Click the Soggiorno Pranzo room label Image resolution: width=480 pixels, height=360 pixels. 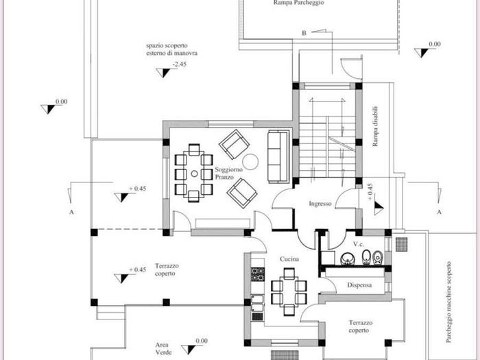pyautogui.click(x=228, y=173)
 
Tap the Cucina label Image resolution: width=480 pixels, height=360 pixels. pyautogui.click(x=289, y=259)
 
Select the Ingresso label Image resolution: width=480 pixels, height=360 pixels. pyautogui.click(x=320, y=204)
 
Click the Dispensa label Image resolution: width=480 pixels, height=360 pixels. pyautogui.click(x=359, y=285)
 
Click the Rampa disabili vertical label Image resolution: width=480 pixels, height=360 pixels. pyautogui.click(x=375, y=126)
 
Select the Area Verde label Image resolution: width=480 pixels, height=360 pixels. pyautogui.click(x=163, y=348)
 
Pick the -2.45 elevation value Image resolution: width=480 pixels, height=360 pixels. pyautogui.click(x=180, y=64)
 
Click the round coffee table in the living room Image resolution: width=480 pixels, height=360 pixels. pyautogui.click(x=250, y=162)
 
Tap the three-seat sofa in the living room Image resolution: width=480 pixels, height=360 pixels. pyautogui.click(x=278, y=156)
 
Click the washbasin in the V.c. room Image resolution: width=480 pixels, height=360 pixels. pyautogui.click(x=348, y=258)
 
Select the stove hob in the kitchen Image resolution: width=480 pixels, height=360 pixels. pyautogui.click(x=257, y=274)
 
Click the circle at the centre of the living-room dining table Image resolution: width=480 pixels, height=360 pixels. pyautogui.click(x=194, y=173)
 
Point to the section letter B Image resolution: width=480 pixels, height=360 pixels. pyautogui.click(x=304, y=33)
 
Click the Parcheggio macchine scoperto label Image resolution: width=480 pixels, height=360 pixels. pyautogui.click(x=448, y=302)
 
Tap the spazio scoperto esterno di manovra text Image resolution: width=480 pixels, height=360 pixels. pyautogui.click(x=171, y=49)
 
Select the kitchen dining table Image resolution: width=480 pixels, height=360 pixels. pyautogui.click(x=289, y=291)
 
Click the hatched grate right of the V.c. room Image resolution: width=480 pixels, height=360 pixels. pyautogui.click(x=402, y=244)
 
